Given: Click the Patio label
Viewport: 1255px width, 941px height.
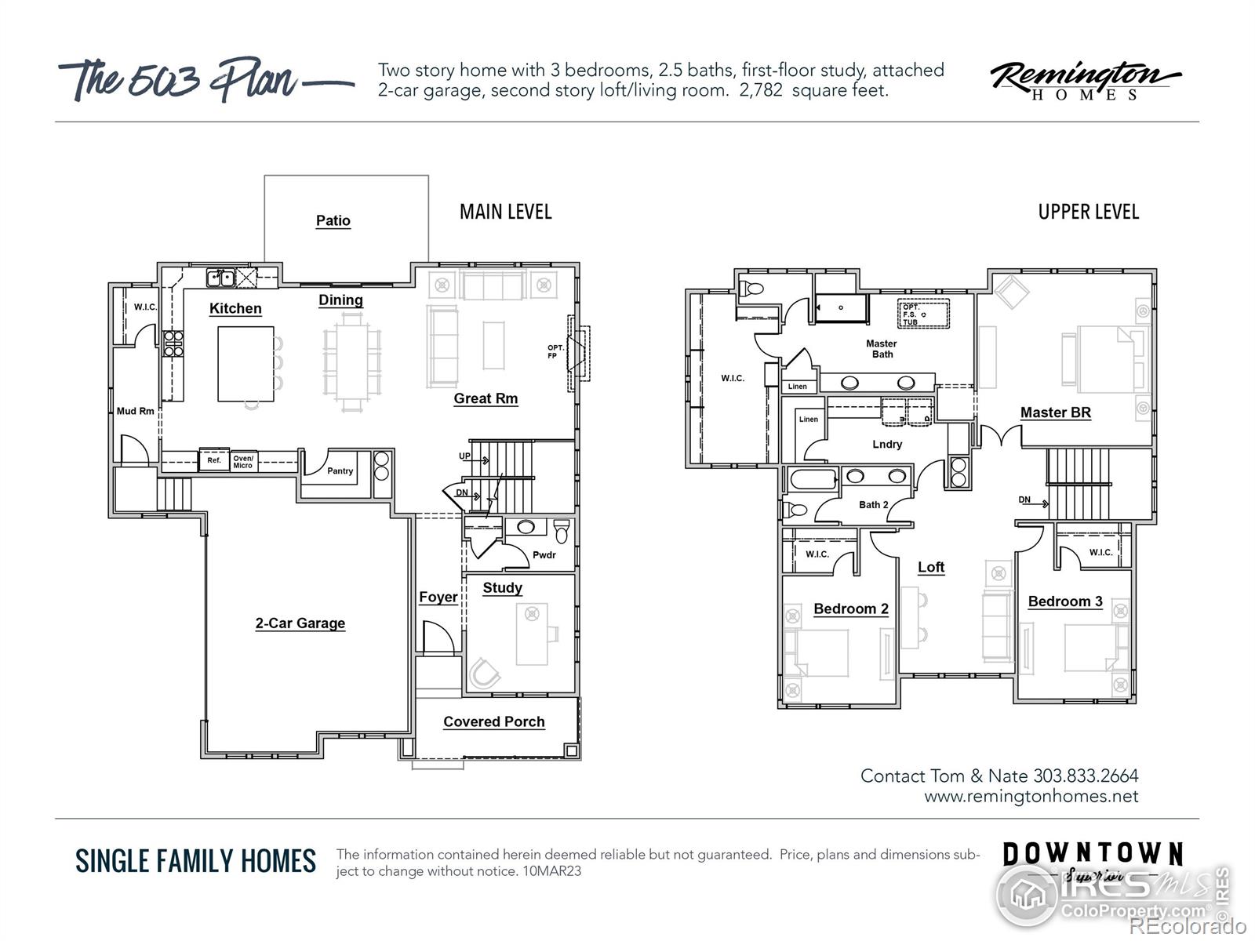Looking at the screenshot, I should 333,220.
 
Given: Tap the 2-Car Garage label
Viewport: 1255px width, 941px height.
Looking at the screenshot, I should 300,623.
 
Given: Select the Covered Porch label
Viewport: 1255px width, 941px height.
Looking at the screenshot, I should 493,721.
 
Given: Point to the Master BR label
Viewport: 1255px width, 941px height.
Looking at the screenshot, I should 1055,412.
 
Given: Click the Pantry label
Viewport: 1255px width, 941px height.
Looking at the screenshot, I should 340,471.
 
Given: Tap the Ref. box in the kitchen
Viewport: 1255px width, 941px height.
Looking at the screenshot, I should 213,460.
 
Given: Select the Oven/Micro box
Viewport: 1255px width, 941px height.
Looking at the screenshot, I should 243,461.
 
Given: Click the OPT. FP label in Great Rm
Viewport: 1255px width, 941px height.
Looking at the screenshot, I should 555,351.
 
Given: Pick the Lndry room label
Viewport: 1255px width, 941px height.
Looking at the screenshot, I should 887,444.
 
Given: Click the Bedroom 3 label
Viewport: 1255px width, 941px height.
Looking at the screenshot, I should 1064,601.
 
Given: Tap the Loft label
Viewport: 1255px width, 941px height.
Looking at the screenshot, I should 931,567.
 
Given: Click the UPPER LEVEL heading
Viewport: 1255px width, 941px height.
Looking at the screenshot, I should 1088,212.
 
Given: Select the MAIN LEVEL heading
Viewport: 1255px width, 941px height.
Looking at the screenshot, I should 505,212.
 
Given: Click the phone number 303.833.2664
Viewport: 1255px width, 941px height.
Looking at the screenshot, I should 1086,776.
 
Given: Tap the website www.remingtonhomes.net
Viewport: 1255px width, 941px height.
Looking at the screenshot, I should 1031,796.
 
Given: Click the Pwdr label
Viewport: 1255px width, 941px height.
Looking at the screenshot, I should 544,555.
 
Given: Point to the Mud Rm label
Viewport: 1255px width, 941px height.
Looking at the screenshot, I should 135,411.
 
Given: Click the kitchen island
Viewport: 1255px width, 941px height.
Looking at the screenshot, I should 245,364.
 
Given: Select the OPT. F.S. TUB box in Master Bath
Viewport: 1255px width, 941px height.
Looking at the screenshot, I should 922,314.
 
